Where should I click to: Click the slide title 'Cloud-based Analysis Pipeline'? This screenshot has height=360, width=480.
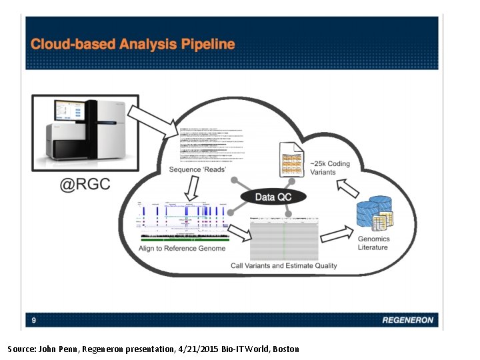133,45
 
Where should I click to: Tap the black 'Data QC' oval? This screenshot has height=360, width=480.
273,197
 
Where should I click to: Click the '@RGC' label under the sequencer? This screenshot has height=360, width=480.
85,185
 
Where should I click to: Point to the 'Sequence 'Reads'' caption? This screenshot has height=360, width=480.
197,170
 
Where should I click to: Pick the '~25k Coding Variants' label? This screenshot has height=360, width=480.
329,168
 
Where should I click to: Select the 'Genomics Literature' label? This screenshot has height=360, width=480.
373,243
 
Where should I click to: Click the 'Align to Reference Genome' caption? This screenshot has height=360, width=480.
182,249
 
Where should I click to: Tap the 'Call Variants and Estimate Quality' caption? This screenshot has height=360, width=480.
284,265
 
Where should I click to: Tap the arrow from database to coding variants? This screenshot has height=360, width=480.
348,191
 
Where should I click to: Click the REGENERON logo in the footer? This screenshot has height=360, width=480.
408,321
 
